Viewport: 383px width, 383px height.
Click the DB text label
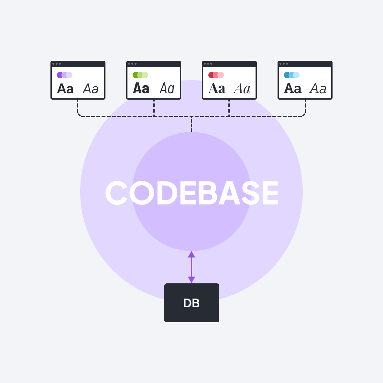(191, 303)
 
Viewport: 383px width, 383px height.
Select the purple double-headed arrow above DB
(191, 267)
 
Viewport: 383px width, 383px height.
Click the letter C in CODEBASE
(116, 193)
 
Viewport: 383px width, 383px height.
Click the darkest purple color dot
(60, 75)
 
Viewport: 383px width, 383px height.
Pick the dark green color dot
(135, 75)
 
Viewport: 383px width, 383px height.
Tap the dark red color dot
(211, 75)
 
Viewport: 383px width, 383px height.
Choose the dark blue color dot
(287, 75)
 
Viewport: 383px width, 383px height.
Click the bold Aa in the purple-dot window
(65, 89)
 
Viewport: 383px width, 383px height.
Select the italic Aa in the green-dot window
(167, 88)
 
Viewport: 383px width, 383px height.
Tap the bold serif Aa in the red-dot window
(217, 89)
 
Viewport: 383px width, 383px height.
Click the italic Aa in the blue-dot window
(318, 89)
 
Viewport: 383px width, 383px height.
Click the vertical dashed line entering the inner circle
(191, 125)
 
